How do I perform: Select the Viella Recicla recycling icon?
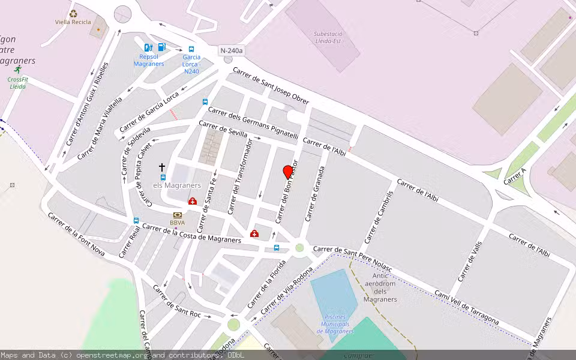tap(73, 13)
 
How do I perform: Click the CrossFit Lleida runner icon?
tap(17, 70)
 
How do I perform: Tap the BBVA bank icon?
tap(177, 215)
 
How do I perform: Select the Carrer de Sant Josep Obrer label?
tap(271, 86)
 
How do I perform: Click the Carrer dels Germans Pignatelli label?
tap(253, 122)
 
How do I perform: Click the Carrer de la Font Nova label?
tap(76, 234)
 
